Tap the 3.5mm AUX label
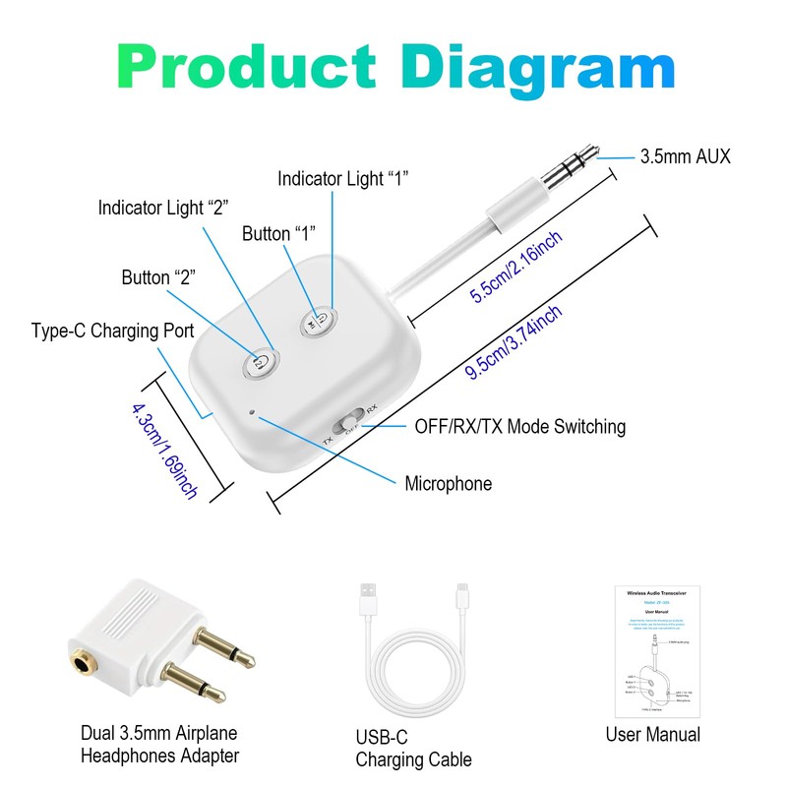(x=685, y=155)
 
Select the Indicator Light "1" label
(x=342, y=178)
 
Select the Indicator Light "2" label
(x=162, y=208)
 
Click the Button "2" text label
(x=158, y=277)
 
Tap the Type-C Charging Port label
(x=112, y=330)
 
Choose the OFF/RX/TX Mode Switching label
(x=519, y=426)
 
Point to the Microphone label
(x=448, y=483)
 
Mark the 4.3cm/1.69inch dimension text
(x=164, y=449)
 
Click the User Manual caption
(x=653, y=734)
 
